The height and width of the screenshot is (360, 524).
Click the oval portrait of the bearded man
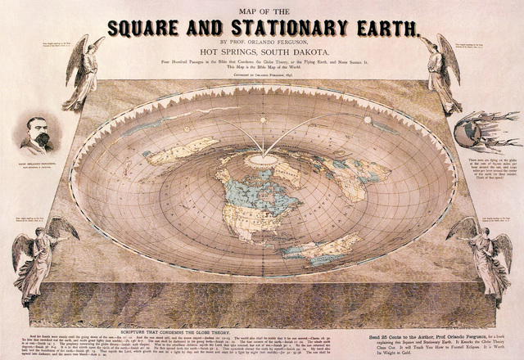tap(38, 135)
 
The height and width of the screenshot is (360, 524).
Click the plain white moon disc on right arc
tap(368, 120)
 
